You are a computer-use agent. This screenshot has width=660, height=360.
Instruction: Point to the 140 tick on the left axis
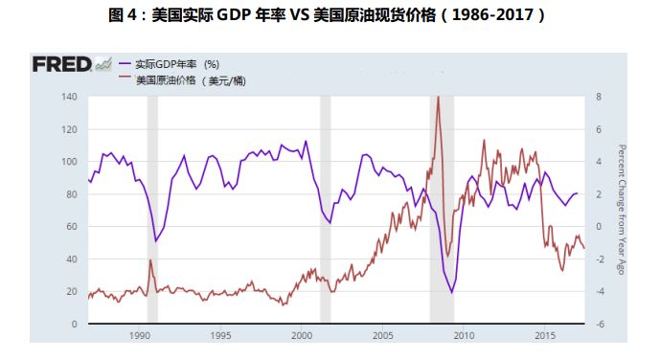tap(68, 97)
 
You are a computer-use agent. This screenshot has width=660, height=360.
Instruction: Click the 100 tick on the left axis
tap(68, 162)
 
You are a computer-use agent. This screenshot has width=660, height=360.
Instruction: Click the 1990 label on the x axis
tap(140, 336)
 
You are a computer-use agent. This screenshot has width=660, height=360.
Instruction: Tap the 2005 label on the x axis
tap(382, 336)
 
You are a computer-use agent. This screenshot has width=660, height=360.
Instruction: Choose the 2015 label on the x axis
tap(544, 336)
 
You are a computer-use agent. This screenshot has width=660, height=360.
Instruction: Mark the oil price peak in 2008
tap(438, 97)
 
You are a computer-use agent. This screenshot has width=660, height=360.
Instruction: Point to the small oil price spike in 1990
tap(150, 260)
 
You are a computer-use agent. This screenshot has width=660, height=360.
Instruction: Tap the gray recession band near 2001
tap(325, 210)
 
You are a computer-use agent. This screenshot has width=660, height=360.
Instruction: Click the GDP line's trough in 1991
tap(156, 241)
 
